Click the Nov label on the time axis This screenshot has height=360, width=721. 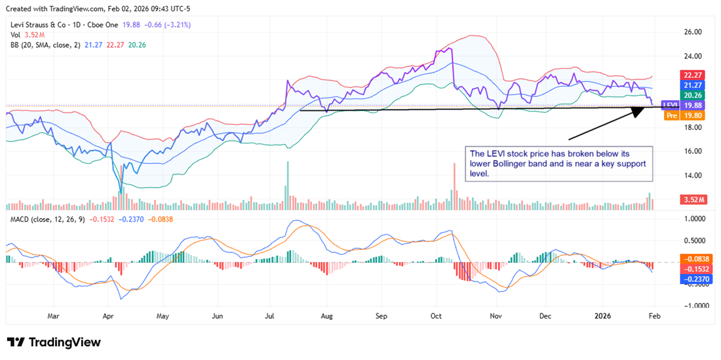click(496, 316)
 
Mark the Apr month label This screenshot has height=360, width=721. click(108, 316)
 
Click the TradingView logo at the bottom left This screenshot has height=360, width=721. click(54, 342)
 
